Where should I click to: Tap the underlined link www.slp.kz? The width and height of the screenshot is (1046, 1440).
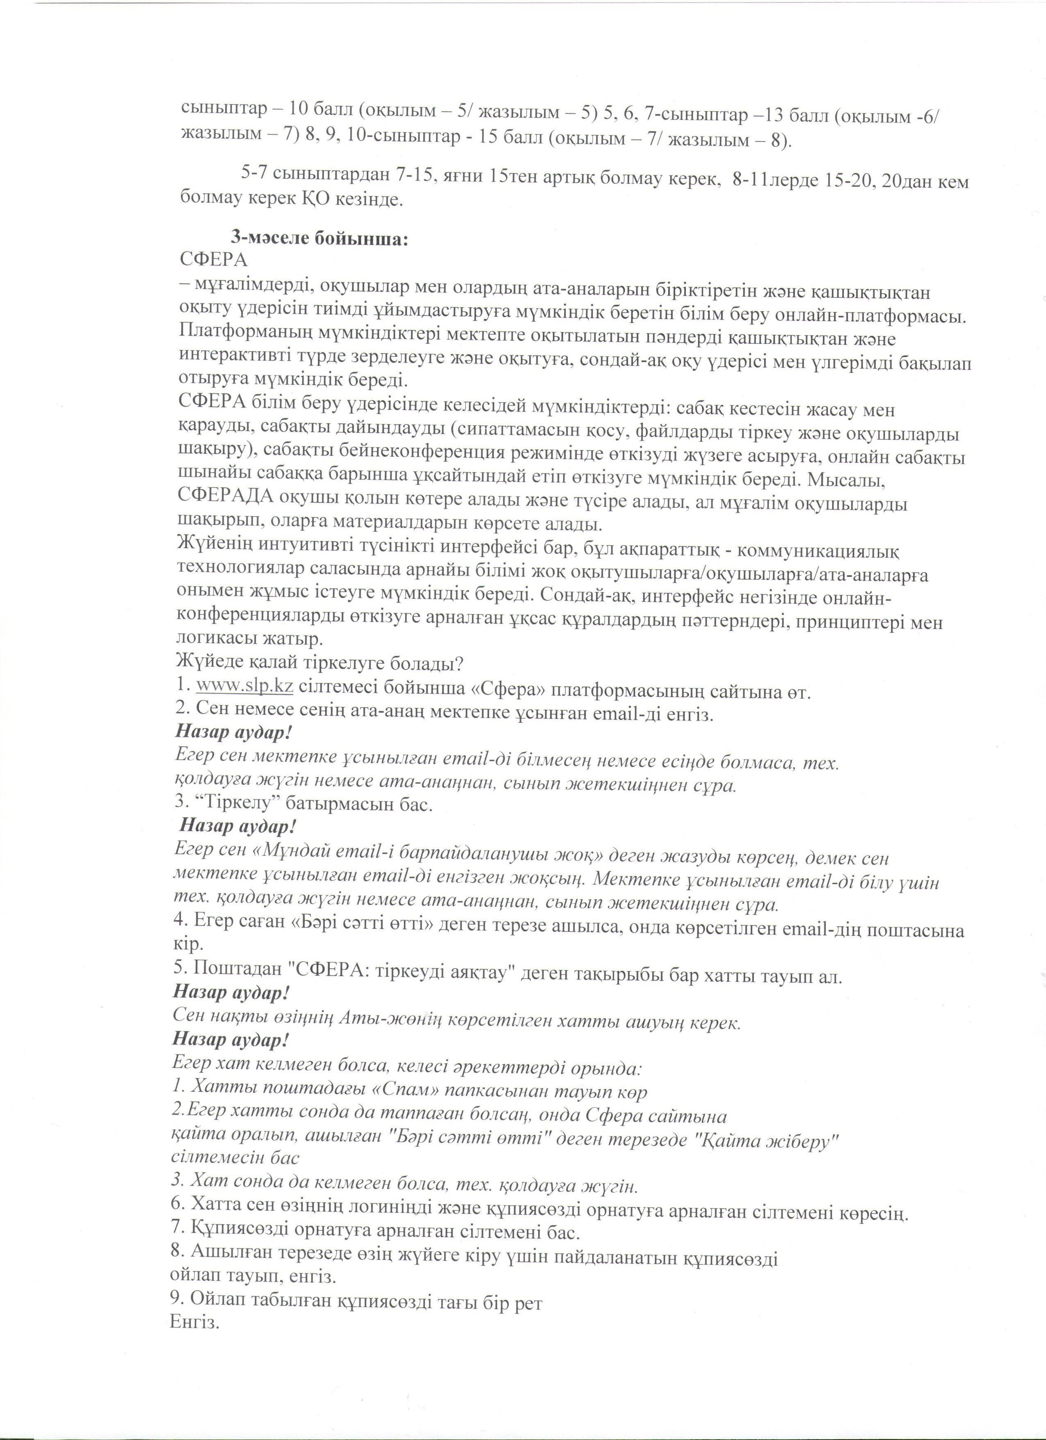(x=244, y=686)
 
